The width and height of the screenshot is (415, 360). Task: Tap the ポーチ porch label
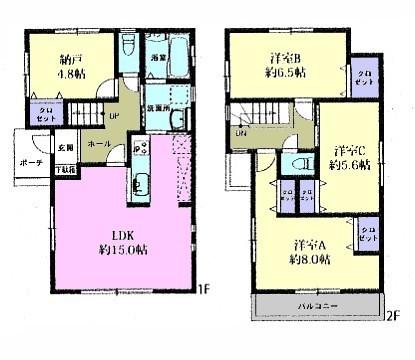(30, 162)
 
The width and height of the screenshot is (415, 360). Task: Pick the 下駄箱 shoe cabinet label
(63, 170)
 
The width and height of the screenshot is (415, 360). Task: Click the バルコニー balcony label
(317, 301)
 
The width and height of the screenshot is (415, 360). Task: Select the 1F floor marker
(203, 291)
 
